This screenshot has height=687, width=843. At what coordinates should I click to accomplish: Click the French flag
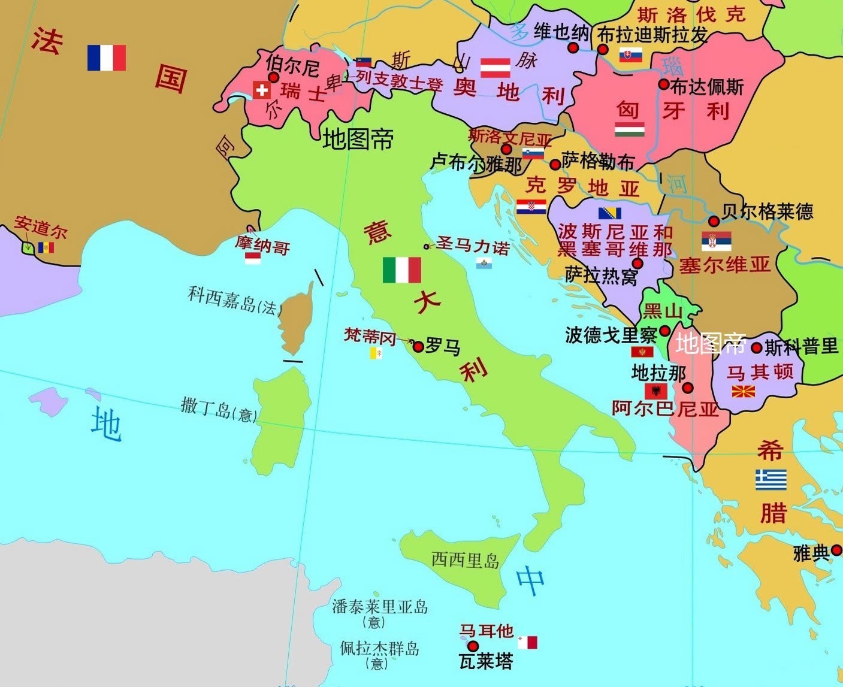(106, 57)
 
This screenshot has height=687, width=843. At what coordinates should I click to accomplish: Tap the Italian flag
(401, 270)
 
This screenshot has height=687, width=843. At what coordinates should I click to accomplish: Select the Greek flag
(771, 480)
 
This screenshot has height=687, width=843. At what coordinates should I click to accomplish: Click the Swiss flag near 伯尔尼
(261, 90)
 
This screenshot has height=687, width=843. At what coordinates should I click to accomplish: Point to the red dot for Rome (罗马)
(418, 346)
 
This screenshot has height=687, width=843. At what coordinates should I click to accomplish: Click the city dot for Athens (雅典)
(836, 550)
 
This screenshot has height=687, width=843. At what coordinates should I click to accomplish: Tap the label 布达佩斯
(707, 87)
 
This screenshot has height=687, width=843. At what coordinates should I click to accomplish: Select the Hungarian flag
(630, 129)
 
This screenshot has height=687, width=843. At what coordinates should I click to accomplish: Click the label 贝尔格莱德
(768, 211)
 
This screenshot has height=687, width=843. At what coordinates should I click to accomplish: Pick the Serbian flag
(716, 241)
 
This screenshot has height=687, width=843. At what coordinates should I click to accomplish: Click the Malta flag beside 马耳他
(528, 643)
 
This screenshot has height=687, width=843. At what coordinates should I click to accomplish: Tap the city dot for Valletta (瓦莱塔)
(473, 646)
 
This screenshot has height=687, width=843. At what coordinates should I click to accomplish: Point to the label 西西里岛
(466, 561)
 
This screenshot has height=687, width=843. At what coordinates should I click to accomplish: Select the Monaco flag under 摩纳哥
(253, 258)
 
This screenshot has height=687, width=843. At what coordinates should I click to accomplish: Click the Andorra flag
(46, 247)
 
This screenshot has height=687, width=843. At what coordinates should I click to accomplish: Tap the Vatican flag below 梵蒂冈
(376, 353)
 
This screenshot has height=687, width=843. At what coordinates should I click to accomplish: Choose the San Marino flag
(484, 263)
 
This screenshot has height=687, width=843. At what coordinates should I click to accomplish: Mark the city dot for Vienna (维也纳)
(573, 48)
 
